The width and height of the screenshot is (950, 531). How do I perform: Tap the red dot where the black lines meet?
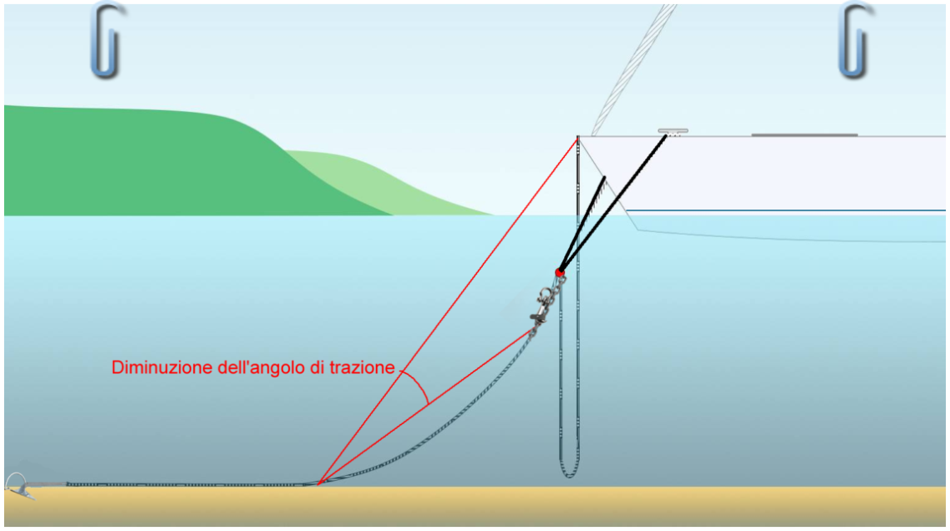pos(560,273)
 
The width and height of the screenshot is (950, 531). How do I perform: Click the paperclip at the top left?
pos(108,41)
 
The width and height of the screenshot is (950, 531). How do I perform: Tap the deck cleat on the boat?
pos(673,131)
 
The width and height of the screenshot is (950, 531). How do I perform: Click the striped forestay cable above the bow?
pos(633,69)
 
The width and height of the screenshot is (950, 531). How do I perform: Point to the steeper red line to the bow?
pos(448,311)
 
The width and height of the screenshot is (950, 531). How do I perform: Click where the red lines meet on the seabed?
pos(318,483)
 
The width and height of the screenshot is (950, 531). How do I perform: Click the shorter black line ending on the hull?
pos(582,225)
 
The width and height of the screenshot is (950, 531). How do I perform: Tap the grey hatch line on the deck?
pos(805,135)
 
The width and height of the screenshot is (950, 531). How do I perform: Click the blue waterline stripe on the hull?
pos(785,210)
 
